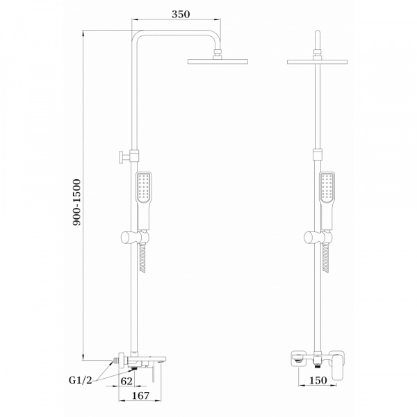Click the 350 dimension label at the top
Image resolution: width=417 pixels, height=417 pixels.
pyautogui.click(x=181, y=15)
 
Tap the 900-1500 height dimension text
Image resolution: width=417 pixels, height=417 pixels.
pyautogui.click(x=76, y=202)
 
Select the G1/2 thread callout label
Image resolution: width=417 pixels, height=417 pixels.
pyautogui.click(x=81, y=380)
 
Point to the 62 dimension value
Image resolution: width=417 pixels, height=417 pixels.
pyautogui.click(x=126, y=381)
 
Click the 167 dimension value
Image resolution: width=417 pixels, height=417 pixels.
pyautogui.click(x=140, y=395)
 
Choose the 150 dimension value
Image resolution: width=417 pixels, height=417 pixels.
pyautogui.click(x=318, y=380)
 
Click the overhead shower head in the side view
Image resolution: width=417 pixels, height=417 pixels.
pyautogui.click(x=218, y=61)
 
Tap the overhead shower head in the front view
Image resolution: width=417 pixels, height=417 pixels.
pyautogui.click(x=318, y=62)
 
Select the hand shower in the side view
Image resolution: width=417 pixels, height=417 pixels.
pyautogui.click(x=144, y=201)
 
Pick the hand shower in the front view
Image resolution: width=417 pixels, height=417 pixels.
pyautogui.click(x=327, y=201)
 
